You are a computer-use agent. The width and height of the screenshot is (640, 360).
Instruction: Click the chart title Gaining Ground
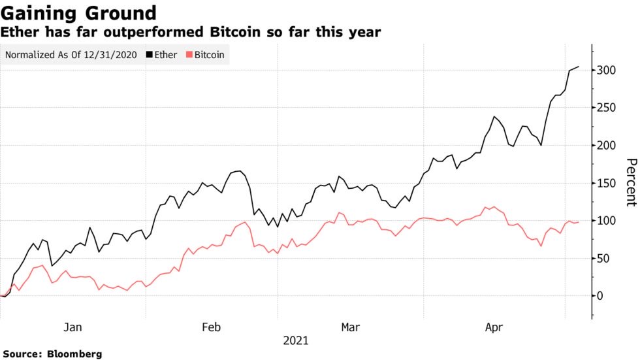(x=78, y=13)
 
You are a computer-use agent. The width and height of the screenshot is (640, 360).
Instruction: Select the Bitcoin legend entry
(x=206, y=55)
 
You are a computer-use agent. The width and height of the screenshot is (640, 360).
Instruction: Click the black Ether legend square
(x=148, y=55)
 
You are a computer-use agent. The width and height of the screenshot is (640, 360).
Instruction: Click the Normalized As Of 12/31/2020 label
(x=71, y=55)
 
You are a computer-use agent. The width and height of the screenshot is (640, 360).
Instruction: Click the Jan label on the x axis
(x=73, y=327)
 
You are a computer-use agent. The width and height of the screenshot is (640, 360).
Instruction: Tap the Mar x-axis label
(x=350, y=327)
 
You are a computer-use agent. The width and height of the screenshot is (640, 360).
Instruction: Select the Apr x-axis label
(x=494, y=327)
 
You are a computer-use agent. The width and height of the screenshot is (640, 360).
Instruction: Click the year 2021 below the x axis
(x=296, y=341)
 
